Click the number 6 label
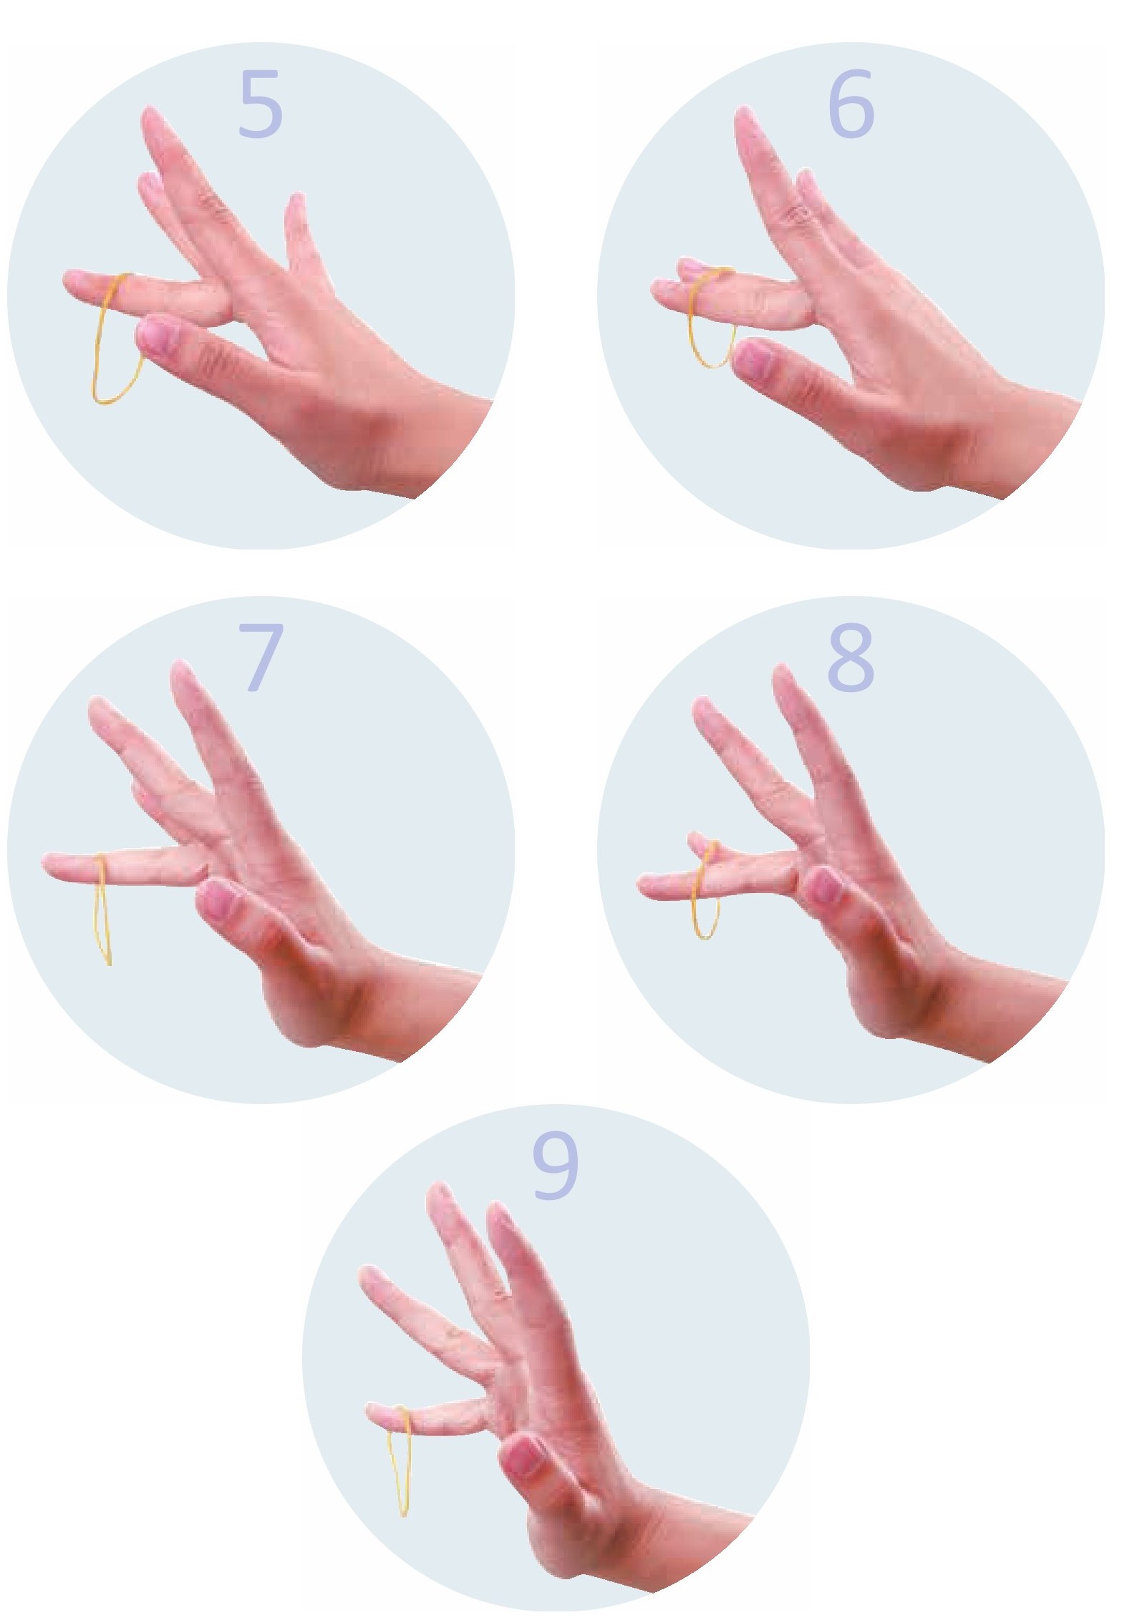pos(851,104)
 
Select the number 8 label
pos(851,658)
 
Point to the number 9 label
pos(555,1167)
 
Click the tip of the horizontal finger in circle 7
pos(44,864)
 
